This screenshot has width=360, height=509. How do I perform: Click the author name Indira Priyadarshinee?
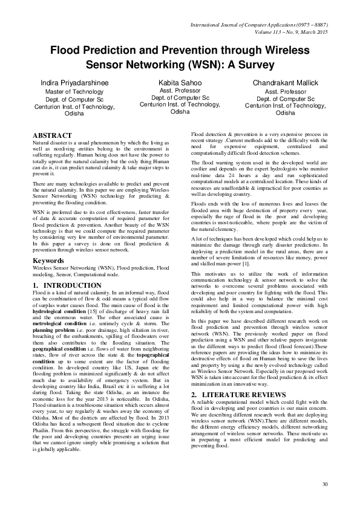[71, 82]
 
